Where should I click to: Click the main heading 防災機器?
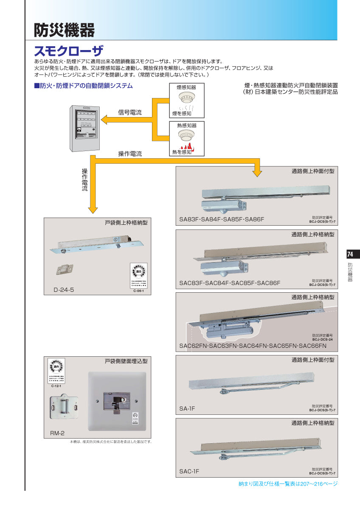pyautogui.click(x=64, y=30)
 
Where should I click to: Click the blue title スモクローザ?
pyautogui.click(x=68, y=51)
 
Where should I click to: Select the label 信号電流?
pyautogui.click(x=129, y=113)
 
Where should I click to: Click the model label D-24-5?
pyautogui.click(x=63, y=290)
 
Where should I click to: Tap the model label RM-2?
pyautogui.click(x=54, y=433)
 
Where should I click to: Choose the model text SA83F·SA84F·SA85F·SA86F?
pyautogui.click(x=221, y=219)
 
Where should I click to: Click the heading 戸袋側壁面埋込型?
pyautogui.click(x=126, y=361)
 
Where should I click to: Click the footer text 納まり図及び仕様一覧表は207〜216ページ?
pyautogui.click(x=288, y=484)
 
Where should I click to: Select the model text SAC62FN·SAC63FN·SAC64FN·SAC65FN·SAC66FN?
pyautogui.click(x=253, y=346)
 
